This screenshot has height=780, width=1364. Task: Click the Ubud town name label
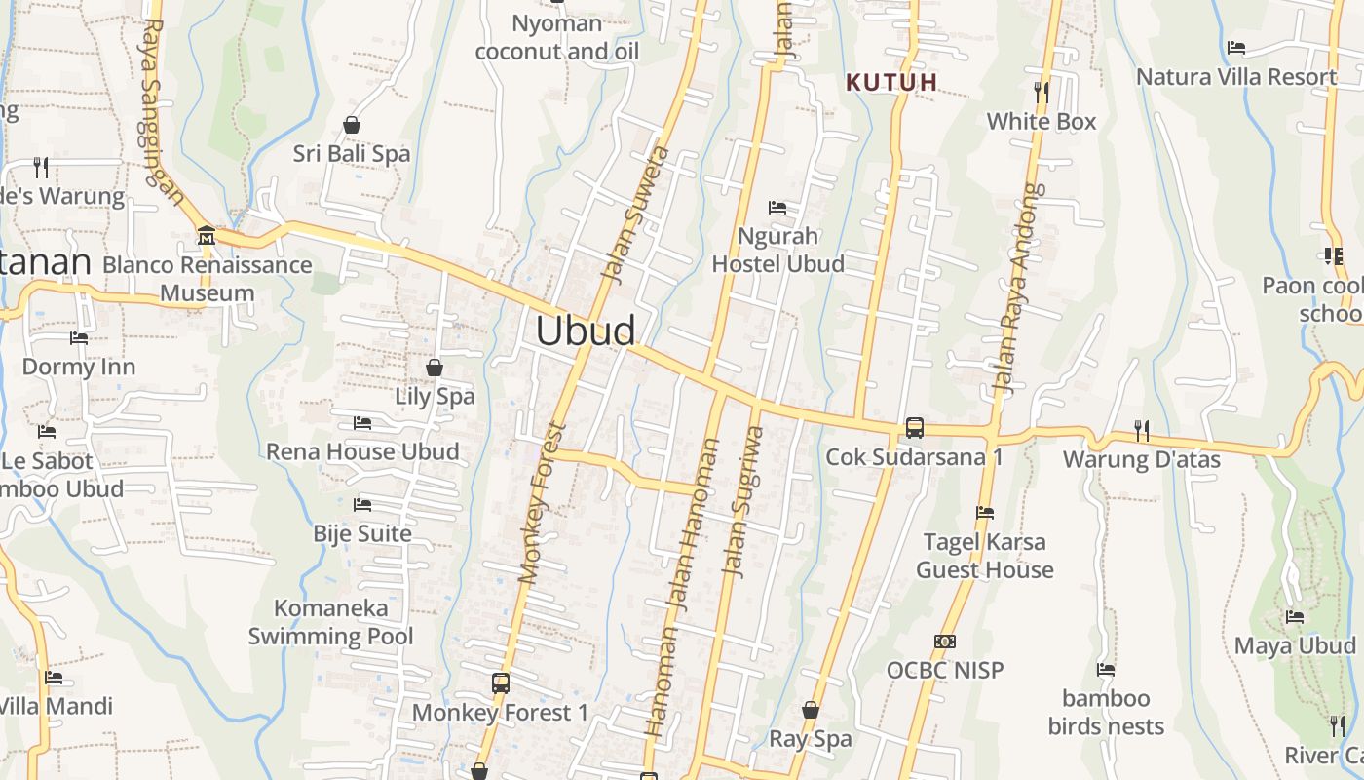(x=586, y=331)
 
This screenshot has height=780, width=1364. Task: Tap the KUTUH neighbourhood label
(x=890, y=83)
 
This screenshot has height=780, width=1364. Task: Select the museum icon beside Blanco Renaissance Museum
(x=207, y=236)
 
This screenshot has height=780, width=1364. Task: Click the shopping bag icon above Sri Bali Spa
(x=352, y=125)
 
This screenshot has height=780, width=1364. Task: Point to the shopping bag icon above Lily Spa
(x=435, y=368)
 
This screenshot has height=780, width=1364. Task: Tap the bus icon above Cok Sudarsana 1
(x=914, y=427)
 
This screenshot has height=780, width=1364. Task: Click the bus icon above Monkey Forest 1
(x=501, y=683)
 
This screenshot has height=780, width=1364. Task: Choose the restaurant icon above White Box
(x=1042, y=93)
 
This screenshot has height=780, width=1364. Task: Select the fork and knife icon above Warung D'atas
(x=1141, y=430)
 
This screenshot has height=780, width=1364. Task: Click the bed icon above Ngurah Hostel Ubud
(x=777, y=207)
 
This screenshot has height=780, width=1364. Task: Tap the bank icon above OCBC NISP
(x=944, y=642)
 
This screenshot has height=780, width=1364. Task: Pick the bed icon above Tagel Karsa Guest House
(x=985, y=513)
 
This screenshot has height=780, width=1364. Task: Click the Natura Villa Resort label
(x=1236, y=76)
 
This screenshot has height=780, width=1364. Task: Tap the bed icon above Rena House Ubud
(x=362, y=423)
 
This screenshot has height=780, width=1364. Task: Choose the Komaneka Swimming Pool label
(x=330, y=622)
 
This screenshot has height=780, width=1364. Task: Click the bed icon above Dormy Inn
(x=79, y=338)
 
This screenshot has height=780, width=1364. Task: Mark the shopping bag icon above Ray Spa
(x=810, y=710)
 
